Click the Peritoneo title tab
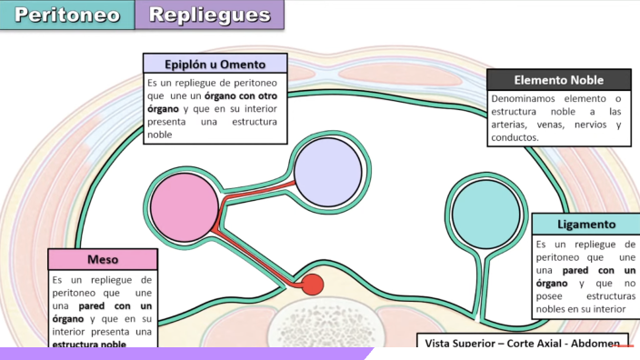pos(66,15)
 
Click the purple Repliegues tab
pos(209,15)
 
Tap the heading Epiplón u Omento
pos(215,64)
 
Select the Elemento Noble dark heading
pos(558,79)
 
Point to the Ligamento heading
pos(585,224)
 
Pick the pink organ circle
pos(185,208)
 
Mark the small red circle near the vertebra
pos(312,285)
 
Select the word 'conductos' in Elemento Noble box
pos(515,137)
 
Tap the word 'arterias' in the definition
pos(511,125)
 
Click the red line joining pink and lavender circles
pos(259,188)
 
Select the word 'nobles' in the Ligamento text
pos(554,309)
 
